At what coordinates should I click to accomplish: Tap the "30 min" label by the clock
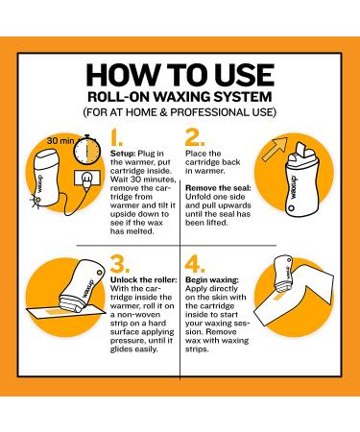[x=60, y=140]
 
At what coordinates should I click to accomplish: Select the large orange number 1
[x=116, y=137]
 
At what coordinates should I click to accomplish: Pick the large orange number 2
[x=195, y=137]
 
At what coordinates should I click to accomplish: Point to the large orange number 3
[x=120, y=264]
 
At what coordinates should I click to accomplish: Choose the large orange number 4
[x=195, y=264]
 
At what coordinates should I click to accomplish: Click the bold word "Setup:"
[x=123, y=154]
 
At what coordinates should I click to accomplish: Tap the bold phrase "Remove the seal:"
[x=218, y=188]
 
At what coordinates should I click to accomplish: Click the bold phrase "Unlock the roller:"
[x=143, y=280]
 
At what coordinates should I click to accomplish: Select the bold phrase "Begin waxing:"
[x=212, y=280]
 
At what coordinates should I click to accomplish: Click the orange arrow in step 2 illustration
[x=275, y=149]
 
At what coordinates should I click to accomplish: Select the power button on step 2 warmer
[x=291, y=208]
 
